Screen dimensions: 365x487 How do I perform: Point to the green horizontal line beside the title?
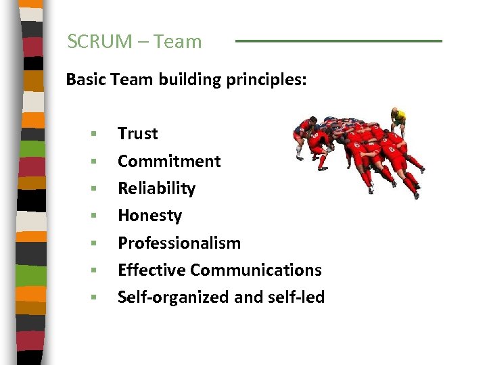[338, 41]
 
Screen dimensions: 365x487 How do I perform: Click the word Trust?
[137, 134]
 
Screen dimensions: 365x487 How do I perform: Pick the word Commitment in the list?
[169, 161]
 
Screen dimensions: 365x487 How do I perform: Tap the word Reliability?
[156, 188]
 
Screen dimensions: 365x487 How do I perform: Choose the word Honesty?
[149, 216]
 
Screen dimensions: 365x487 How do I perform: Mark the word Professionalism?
[179, 243]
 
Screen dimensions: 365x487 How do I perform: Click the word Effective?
[152, 270]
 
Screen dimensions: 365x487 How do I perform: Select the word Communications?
[256, 270]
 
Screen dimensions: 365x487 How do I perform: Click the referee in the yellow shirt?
[398, 120]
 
